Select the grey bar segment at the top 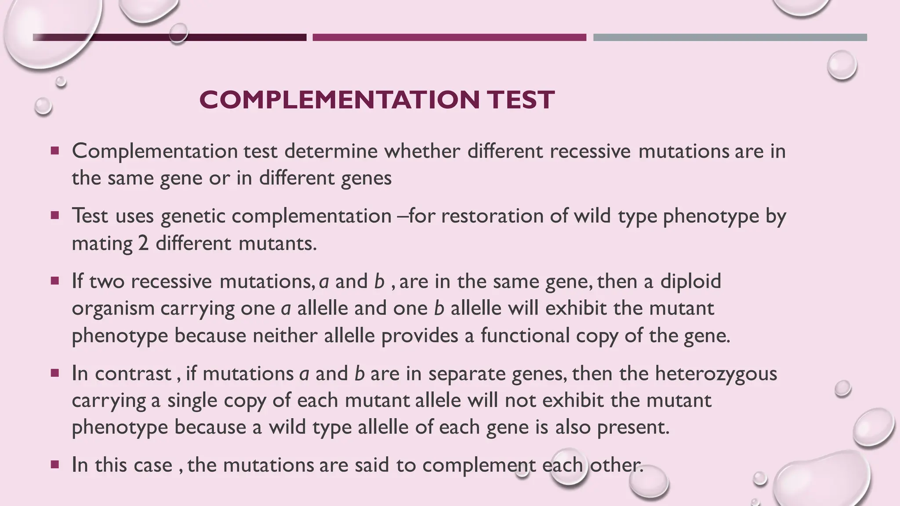click(730, 37)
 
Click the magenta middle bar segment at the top click(449, 37)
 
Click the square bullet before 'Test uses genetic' click(55, 216)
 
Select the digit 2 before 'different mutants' click(143, 243)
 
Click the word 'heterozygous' click(716, 373)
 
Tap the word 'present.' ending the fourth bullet click(633, 427)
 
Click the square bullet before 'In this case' click(55, 464)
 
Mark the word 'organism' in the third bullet click(112, 308)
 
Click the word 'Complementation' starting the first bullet click(155, 151)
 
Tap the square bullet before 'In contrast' click(55, 373)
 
